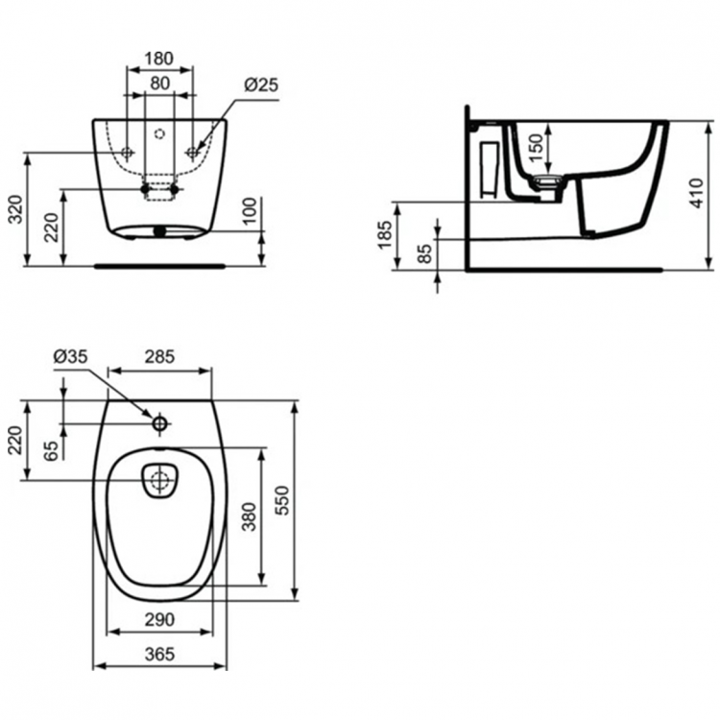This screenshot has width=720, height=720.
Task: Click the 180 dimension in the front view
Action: pyautogui.click(x=159, y=59)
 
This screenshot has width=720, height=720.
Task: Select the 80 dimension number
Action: pyautogui.click(x=159, y=84)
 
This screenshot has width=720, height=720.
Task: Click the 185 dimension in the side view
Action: pyautogui.click(x=386, y=234)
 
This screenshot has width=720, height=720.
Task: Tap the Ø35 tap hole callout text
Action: pyautogui.click(x=71, y=356)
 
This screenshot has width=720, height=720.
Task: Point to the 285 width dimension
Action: pyautogui.click(x=159, y=356)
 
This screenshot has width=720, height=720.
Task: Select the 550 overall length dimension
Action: pyautogui.click(x=281, y=499)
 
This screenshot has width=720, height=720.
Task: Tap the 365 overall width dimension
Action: pyautogui.click(x=159, y=655)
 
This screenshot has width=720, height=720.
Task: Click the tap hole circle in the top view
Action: pyautogui.click(x=159, y=422)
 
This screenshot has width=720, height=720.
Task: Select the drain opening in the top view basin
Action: pyautogui.click(x=159, y=480)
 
